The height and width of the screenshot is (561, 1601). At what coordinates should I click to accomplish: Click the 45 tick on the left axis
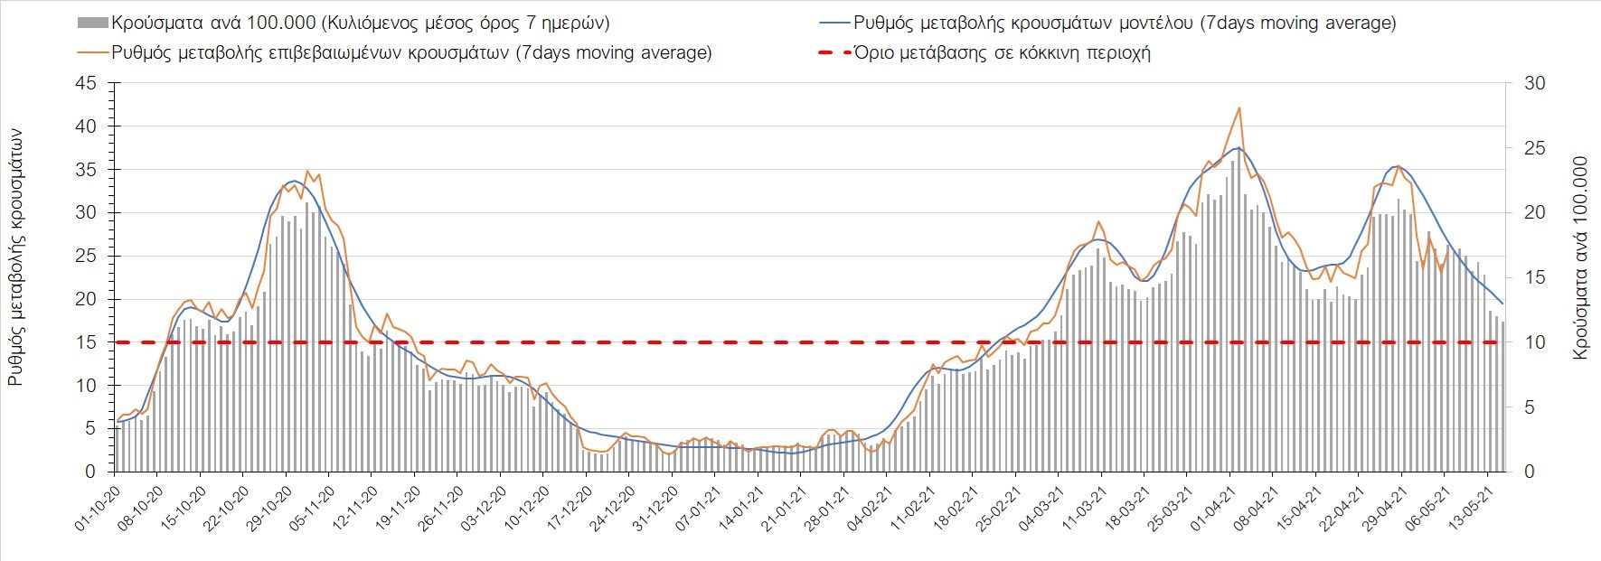pos(87,83)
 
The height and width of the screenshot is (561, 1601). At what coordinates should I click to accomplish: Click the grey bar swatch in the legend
pos(94,23)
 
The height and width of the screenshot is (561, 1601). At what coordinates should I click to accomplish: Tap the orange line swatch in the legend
pos(94,52)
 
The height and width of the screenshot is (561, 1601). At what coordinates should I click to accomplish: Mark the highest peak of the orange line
pos(1238,108)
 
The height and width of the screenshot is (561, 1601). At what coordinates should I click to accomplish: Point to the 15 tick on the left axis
pos(87,342)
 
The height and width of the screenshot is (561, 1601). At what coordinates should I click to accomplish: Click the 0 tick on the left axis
pos(90,472)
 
